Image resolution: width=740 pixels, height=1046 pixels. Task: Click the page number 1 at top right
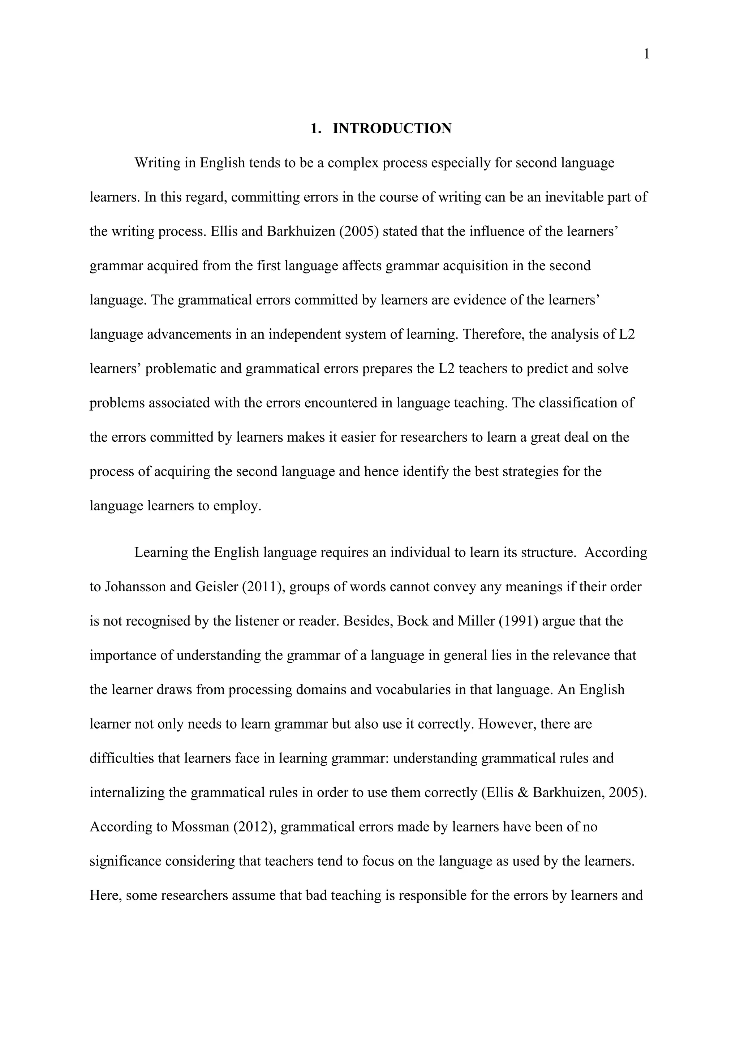646,55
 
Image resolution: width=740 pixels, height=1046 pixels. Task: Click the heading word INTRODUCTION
392,129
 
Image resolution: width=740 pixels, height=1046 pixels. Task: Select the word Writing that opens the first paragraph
157,163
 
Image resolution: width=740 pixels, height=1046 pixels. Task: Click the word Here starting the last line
105,895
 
